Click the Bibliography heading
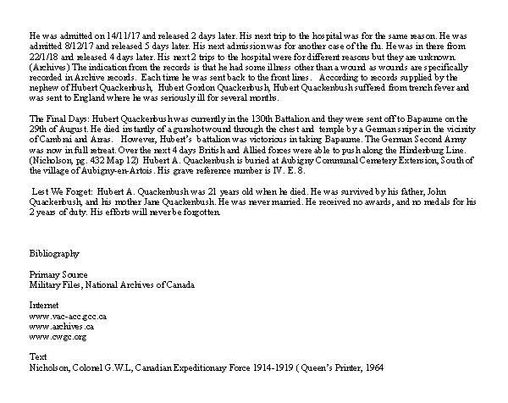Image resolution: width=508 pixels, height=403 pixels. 54,253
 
